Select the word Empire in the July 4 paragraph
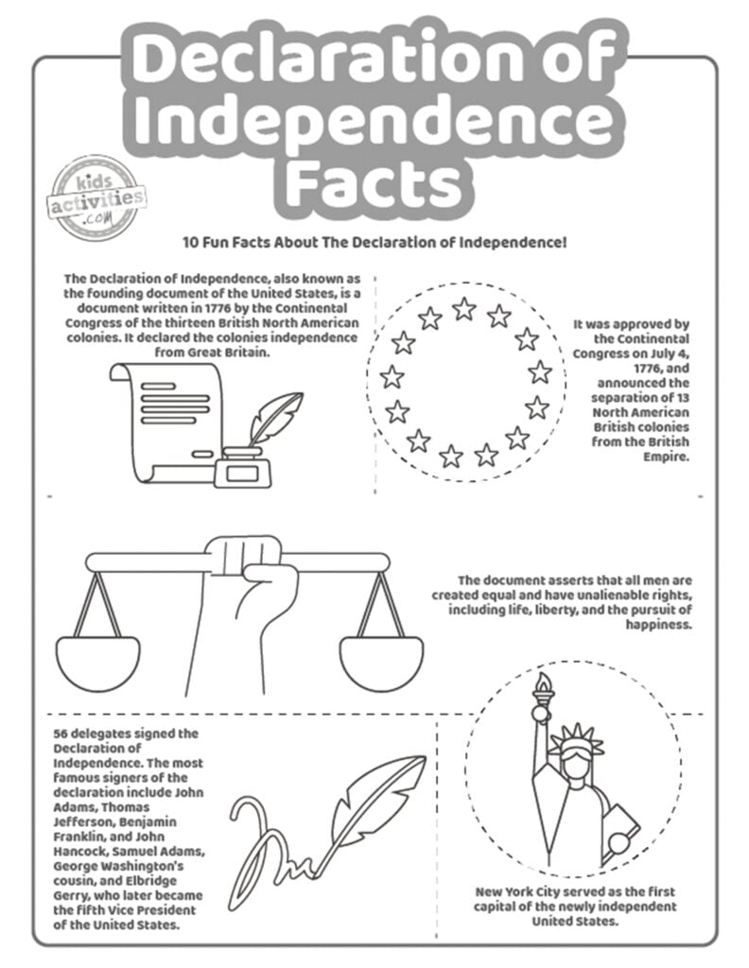pyautogui.click(x=669, y=456)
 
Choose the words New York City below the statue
pyautogui.click(x=528, y=891)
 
